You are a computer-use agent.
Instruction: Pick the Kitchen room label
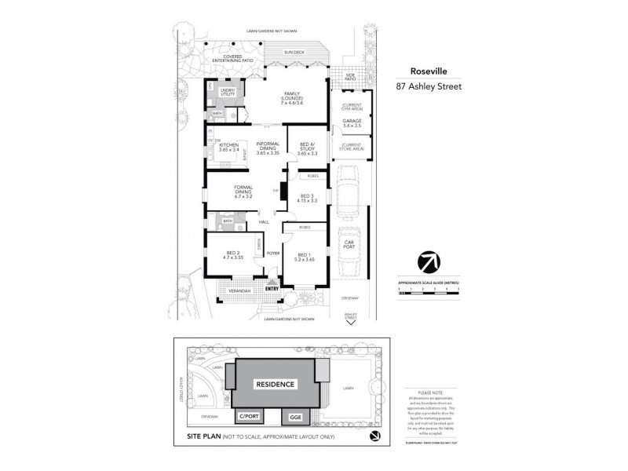pos(228,148)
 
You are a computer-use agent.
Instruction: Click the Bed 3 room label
pos(308,199)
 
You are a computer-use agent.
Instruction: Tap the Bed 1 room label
pos(304,256)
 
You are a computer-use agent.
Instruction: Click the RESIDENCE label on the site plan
pos(274,384)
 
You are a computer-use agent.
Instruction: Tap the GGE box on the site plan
pos(296,416)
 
